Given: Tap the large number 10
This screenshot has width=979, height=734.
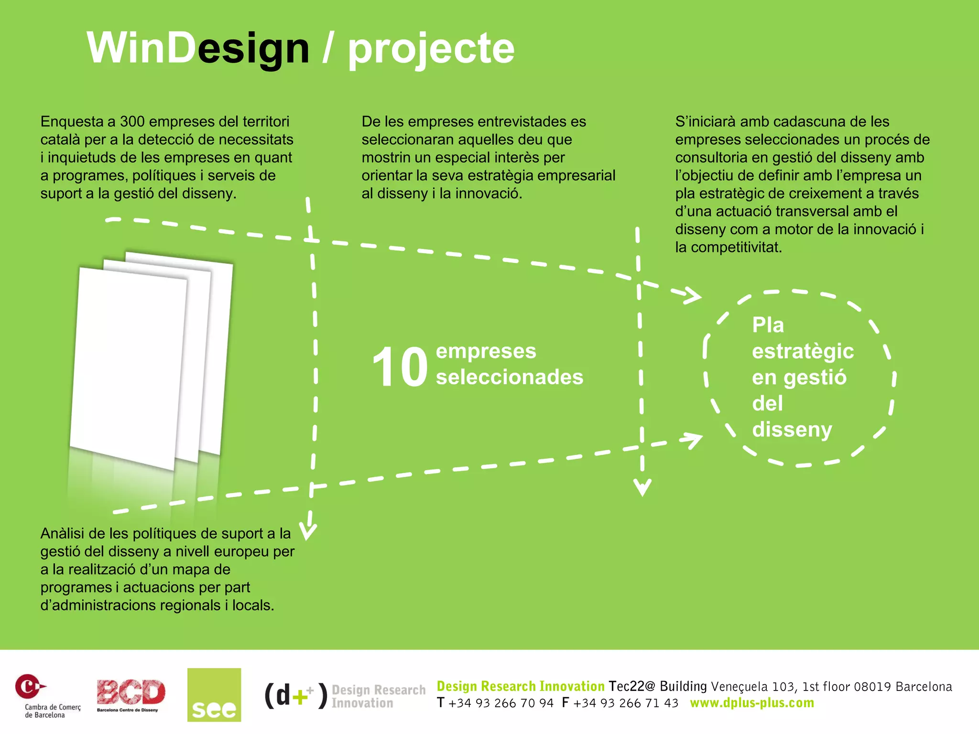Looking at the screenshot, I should [400, 367].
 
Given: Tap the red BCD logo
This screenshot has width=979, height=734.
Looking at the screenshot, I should [131, 694].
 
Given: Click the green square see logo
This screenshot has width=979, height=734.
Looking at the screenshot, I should [214, 694].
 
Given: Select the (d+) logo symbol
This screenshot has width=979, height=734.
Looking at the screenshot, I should [296, 695].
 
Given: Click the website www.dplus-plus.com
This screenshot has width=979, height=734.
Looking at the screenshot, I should [752, 703].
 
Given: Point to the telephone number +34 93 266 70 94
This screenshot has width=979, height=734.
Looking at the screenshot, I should [501, 703].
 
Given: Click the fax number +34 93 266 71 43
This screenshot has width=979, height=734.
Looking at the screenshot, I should [626, 703].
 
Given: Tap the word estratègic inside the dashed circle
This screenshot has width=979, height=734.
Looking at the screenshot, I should [803, 352].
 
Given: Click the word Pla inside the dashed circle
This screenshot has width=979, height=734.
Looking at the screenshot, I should [768, 325].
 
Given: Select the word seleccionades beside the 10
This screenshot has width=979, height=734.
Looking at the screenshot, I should [510, 377].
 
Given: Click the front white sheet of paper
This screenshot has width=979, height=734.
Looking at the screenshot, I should [128, 368].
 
